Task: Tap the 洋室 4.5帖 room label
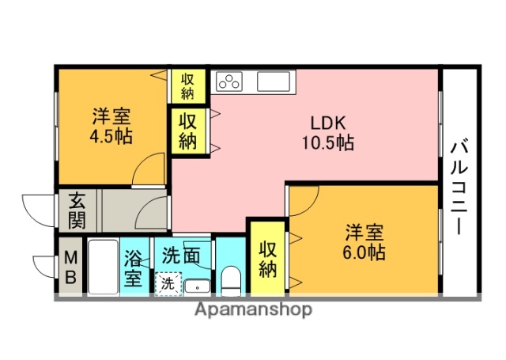111,126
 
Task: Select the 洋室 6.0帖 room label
364,243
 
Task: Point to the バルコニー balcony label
459,187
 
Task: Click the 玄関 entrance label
77,209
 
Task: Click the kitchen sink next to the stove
273,81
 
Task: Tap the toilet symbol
231,279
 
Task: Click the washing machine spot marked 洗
167,282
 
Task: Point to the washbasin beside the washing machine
198,286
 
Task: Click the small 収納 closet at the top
187,85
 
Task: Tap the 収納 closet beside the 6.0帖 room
267,256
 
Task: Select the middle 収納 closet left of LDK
187,131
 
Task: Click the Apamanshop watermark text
253,309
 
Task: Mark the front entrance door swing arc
36,207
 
